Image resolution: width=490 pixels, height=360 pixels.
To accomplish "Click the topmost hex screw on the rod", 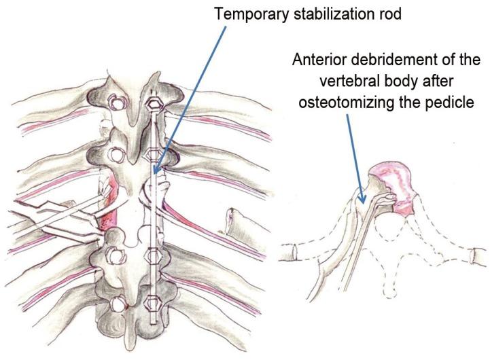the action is click(x=154, y=104).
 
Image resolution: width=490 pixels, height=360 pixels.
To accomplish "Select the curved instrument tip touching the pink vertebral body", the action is click(x=388, y=198).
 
